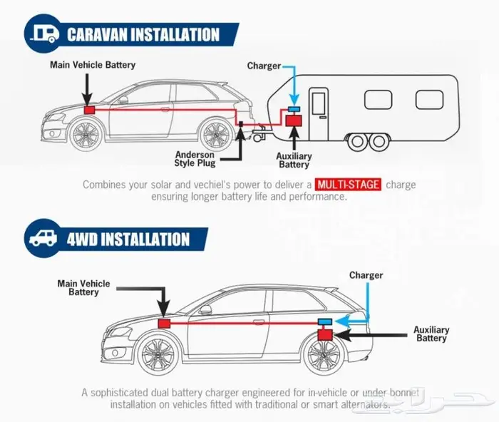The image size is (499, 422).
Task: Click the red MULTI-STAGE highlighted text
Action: click(x=348, y=185)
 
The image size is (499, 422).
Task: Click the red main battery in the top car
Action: click(x=91, y=110)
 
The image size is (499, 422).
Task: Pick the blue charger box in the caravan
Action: click(x=293, y=108)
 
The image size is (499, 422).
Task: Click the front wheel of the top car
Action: click(x=86, y=135)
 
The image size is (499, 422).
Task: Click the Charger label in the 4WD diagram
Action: click(x=366, y=275)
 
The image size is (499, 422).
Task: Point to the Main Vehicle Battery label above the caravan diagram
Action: click(x=93, y=65)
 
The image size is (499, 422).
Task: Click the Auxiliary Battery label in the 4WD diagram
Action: click(x=431, y=334)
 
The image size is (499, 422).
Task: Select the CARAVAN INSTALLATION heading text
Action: click(x=143, y=34)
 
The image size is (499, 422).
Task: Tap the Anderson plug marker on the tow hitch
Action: click(x=242, y=124)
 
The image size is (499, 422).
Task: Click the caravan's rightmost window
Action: click(x=429, y=99)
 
